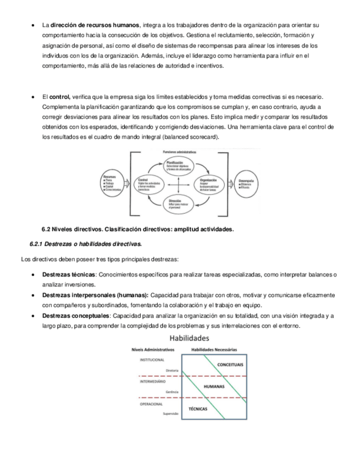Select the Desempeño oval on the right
coord(247,183)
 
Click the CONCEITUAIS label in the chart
coord(230,365)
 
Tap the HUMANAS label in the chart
coord(214,387)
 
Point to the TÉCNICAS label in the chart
coord(198,409)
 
